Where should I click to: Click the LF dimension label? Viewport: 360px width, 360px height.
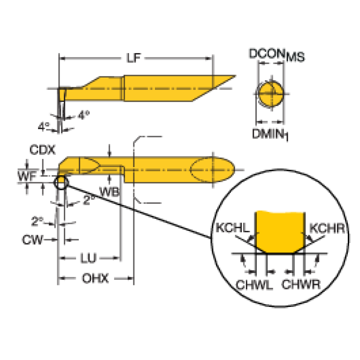[134, 58]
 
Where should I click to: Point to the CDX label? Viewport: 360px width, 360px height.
[42, 150]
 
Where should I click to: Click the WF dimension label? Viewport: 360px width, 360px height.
[27, 176]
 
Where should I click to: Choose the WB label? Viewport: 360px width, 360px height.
[109, 191]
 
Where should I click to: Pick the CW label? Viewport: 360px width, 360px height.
[32, 240]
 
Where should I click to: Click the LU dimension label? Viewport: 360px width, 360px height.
[88, 258]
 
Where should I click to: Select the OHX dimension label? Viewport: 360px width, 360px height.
[95, 278]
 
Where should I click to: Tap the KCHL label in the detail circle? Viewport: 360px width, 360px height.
[232, 228]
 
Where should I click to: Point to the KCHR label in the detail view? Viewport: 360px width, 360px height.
[327, 229]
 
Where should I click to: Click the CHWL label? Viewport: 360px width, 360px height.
[254, 285]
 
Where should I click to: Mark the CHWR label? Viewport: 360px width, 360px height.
[301, 284]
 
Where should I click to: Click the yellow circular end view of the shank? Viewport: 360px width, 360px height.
[271, 94]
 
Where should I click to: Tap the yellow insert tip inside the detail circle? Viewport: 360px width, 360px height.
[280, 232]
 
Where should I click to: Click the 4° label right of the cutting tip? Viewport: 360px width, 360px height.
[84, 115]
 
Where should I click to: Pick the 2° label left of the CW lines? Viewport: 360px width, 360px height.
[37, 221]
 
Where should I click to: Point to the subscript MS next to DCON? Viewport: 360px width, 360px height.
[295, 57]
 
